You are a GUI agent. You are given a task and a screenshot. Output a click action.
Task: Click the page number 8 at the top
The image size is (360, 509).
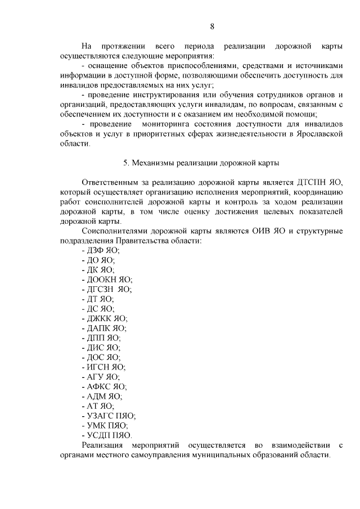212,26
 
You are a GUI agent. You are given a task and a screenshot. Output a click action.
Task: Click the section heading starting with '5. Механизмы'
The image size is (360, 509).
201,163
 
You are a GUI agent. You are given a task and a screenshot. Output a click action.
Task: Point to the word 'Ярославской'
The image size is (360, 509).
317,134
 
